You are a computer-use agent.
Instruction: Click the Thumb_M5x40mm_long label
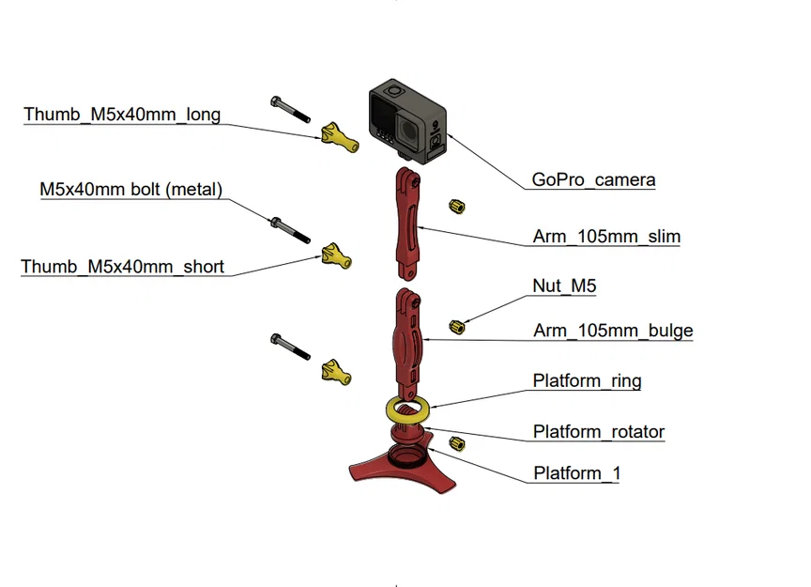click(x=122, y=115)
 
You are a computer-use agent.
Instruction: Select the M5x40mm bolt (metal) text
click(x=130, y=190)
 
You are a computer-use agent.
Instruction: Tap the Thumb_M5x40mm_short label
click(x=122, y=267)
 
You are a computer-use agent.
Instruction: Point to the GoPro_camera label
click(x=593, y=179)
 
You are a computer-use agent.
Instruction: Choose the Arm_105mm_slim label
click(x=606, y=236)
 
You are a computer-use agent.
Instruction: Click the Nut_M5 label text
click(x=564, y=286)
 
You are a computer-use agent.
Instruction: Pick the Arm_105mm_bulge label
click(x=613, y=331)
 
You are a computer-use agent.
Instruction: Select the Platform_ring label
click(x=587, y=380)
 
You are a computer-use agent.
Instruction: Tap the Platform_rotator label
click(x=598, y=432)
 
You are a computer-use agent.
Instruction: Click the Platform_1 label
click(x=576, y=473)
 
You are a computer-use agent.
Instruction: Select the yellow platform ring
click(x=407, y=409)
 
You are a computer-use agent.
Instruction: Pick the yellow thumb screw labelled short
click(x=337, y=255)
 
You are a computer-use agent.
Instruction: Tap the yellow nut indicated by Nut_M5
click(x=458, y=326)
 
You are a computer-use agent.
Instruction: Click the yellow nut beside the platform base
click(x=457, y=443)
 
